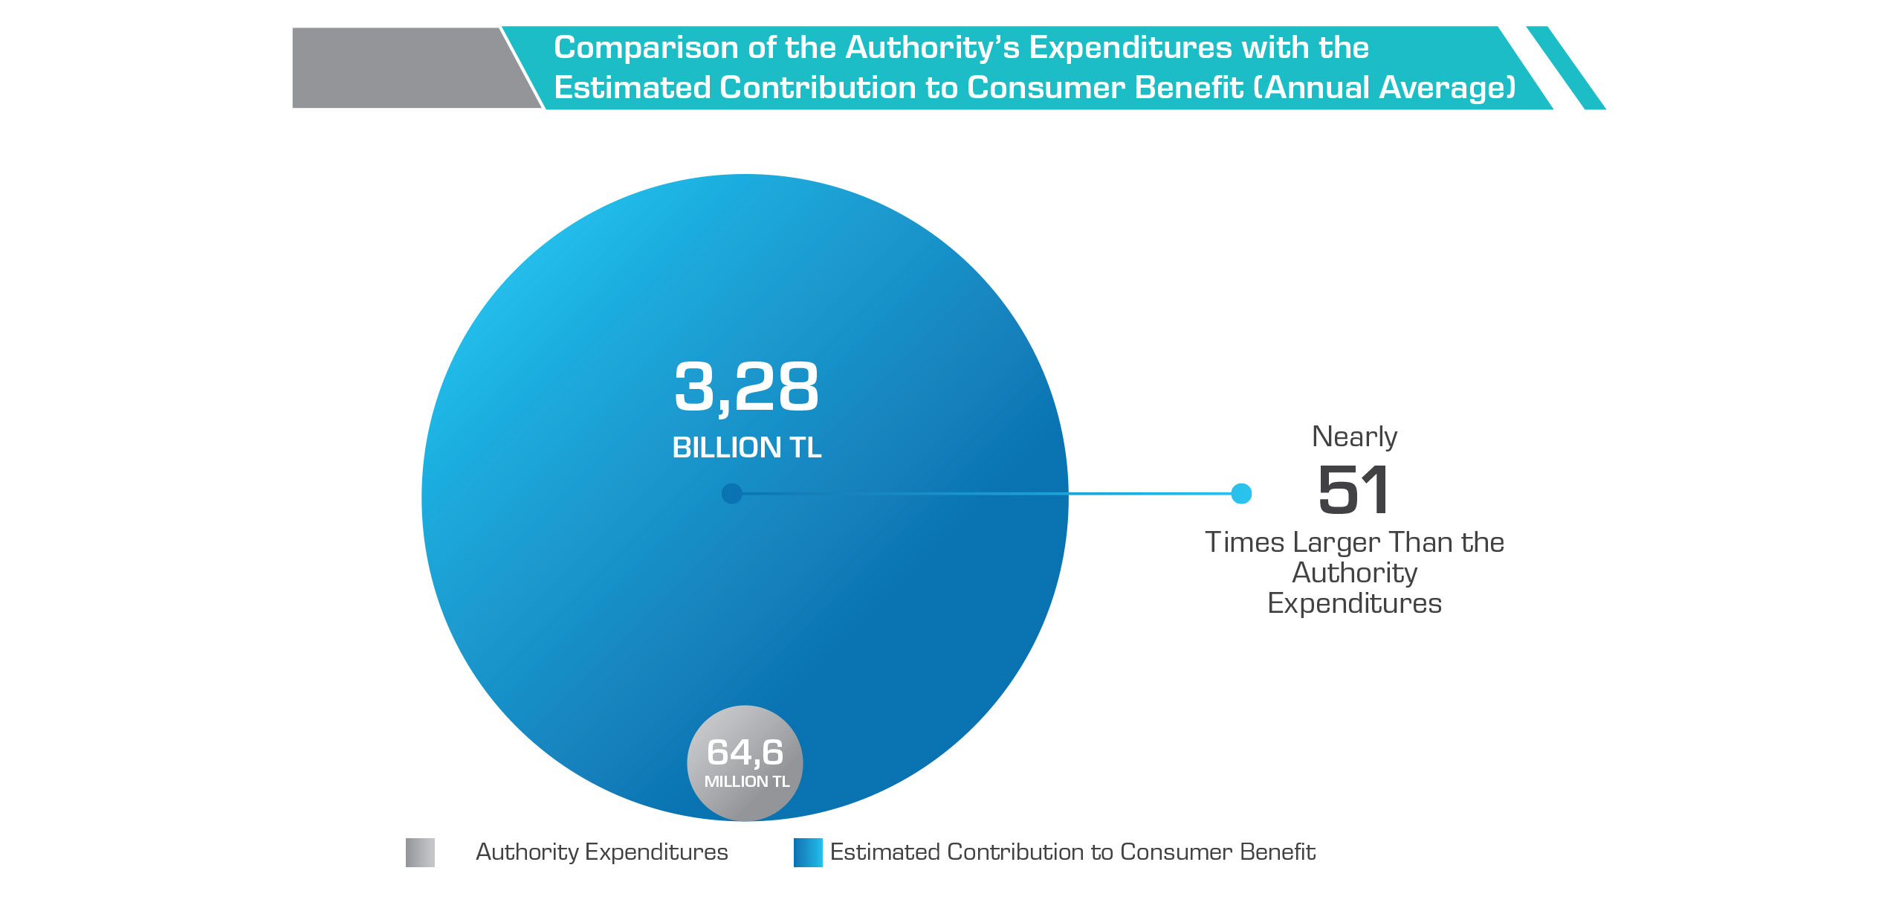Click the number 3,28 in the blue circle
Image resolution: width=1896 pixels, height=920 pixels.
pyautogui.click(x=746, y=387)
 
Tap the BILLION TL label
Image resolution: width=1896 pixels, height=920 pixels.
pyautogui.click(x=746, y=448)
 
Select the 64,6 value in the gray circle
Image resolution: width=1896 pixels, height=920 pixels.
pyautogui.click(x=745, y=752)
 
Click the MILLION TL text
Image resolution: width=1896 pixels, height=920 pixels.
pyautogui.click(x=746, y=782)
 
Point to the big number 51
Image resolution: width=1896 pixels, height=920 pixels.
pyautogui.click(x=1353, y=490)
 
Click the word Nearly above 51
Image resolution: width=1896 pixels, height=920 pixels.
pyautogui.click(x=1354, y=437)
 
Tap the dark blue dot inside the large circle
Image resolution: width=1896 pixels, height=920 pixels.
pyautogui.click(x=731, y=494)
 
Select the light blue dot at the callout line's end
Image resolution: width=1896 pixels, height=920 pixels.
pyautogui.click(x=1241, y=494)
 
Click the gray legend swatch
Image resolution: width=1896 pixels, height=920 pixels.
pyautogui.click(x=420, y=852)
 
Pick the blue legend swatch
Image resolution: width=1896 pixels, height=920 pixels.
pyautogui.click(x=808, y=852)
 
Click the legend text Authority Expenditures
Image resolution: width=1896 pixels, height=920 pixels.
pyautogui.click(x=601, y=852)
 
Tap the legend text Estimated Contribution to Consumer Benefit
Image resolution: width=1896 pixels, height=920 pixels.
pyautogui.click(x=1072, y=852)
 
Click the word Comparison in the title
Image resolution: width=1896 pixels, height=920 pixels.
pyautogui.click(x=646, y=48)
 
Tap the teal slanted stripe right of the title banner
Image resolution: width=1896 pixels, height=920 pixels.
pyautogui.click(x=1566, y=68)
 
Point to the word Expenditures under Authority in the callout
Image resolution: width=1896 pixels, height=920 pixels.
pyautogui.click(x=1354, y=603)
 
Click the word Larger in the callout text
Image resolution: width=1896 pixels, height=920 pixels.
pyautogui.click(x=1336, y=543)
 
